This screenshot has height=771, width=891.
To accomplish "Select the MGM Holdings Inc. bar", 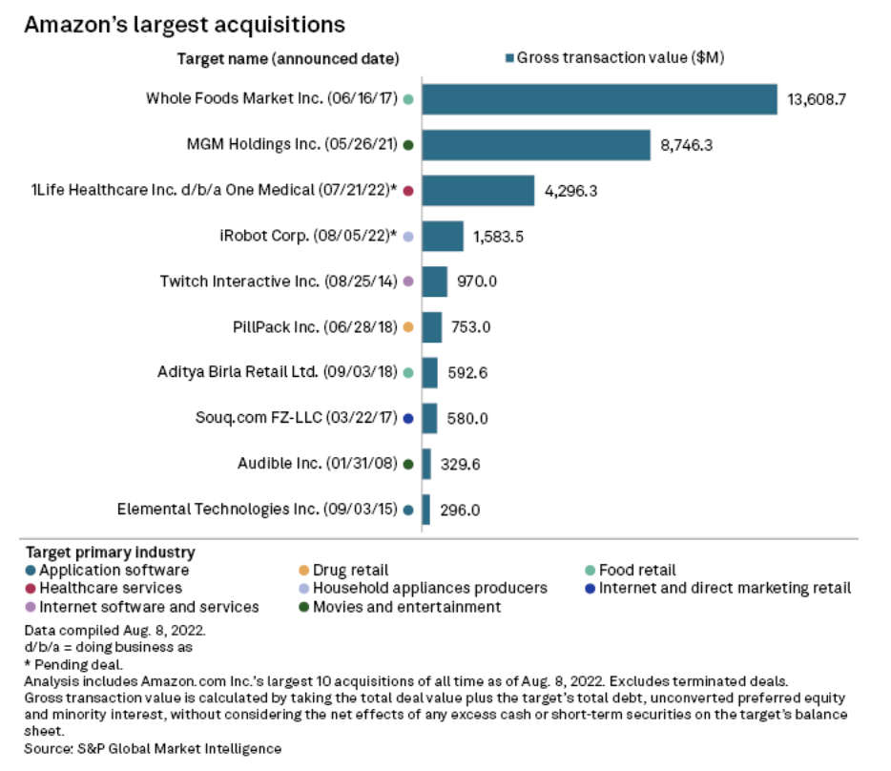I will (x=536, y=145).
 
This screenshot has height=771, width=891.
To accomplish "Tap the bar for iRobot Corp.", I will (x=443, y=236).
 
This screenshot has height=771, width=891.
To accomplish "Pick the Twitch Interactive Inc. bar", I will (x=434, y=281).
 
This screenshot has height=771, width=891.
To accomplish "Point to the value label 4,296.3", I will (x=570, y=191).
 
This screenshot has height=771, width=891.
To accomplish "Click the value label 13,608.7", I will (x=817, y=99).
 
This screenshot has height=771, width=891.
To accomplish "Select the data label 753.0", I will (x=470, y=327).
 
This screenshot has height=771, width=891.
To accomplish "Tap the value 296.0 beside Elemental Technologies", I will (x=460, y=510).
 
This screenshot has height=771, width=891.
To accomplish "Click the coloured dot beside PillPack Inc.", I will (x=407, y=327).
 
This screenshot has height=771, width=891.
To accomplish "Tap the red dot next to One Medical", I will (x=407, y=191).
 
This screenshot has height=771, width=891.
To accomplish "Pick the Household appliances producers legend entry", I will (x=429, y=588).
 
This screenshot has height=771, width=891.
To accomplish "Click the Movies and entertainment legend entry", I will (x=406, y=606).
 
